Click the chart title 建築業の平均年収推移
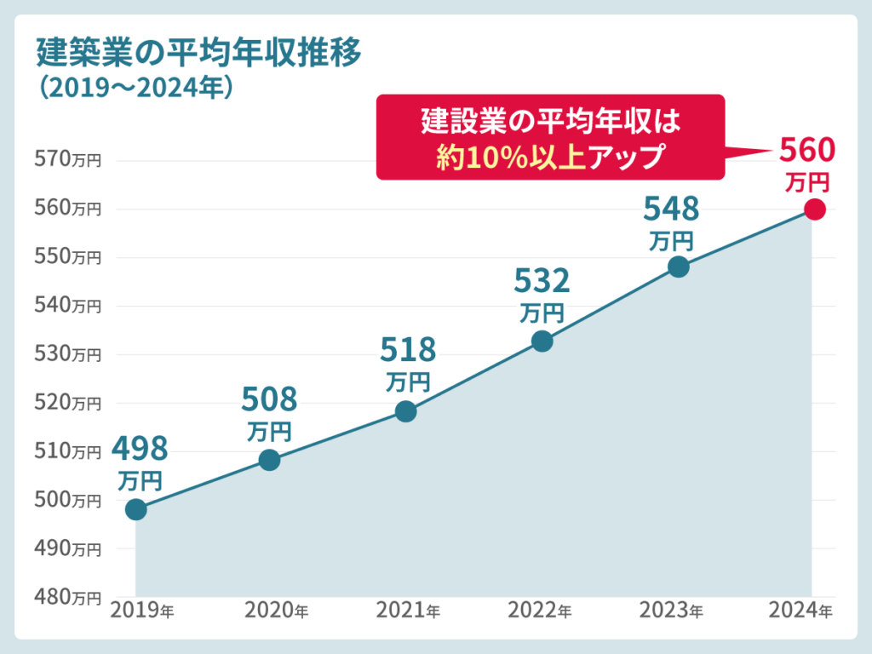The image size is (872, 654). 199,53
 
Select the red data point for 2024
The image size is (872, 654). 814,209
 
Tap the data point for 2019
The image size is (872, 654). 135,509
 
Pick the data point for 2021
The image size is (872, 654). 406,411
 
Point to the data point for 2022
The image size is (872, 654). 542,341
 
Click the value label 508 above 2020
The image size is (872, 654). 269,399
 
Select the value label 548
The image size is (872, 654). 671,208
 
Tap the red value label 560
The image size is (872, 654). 807,151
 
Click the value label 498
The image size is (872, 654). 141,448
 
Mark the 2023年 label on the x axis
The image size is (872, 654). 672,611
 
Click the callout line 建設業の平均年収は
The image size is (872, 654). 550,121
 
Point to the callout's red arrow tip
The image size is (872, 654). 772,152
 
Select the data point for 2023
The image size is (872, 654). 678,267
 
